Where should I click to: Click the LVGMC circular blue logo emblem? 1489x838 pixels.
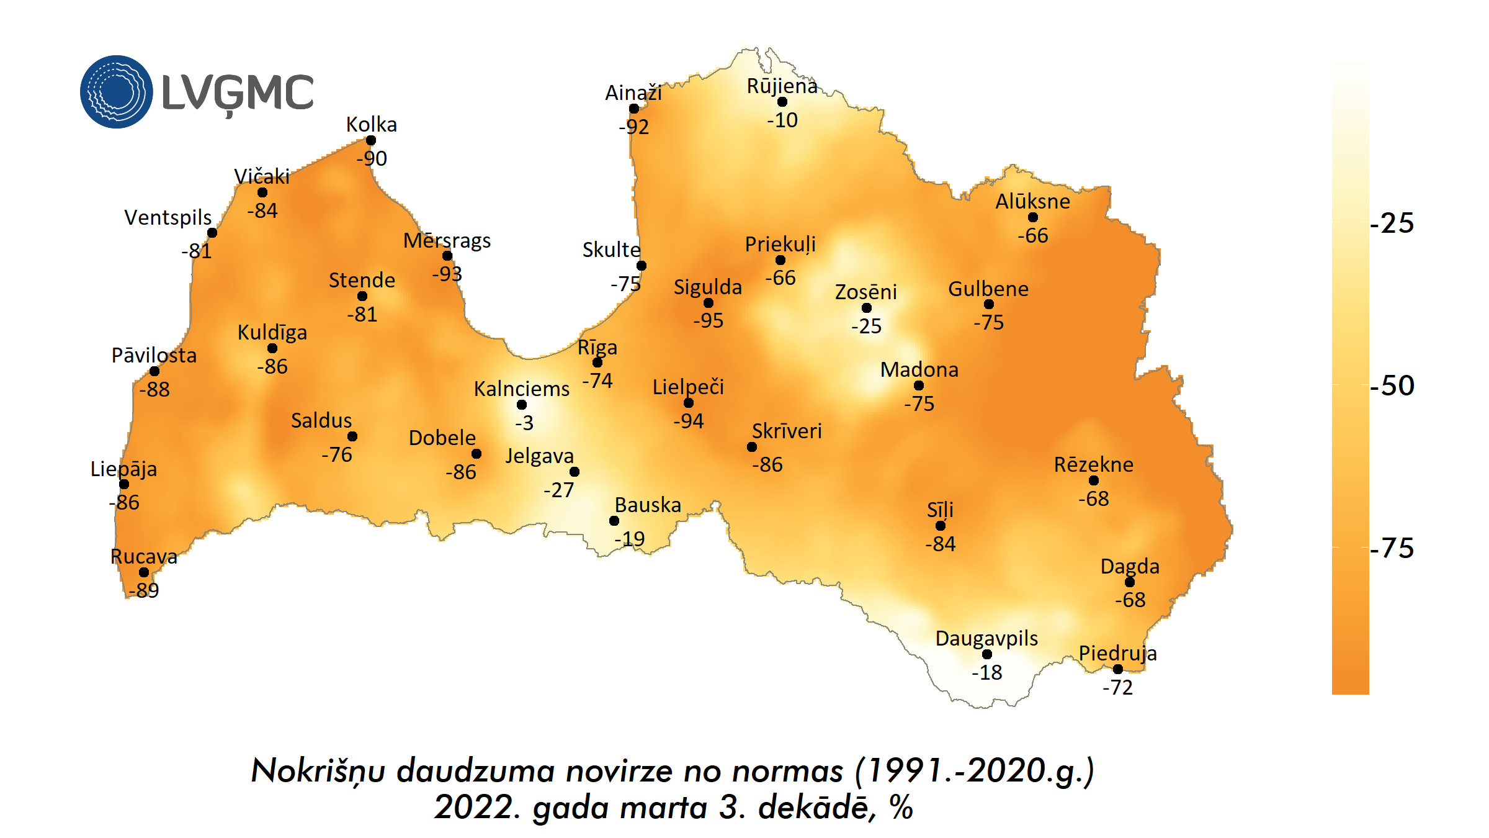[116, 92]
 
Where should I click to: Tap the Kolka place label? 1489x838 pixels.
[371, 124]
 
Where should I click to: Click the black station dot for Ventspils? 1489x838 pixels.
[212, 233]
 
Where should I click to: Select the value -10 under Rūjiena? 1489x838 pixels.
[782, 120]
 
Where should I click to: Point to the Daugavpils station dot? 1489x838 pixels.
[987, 654]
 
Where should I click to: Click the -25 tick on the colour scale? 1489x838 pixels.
[1392, 223]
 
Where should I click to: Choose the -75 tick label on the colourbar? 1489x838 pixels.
[1392, 548]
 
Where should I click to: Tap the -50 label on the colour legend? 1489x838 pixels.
[1392, 385]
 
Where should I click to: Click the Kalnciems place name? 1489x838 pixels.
[521, 389]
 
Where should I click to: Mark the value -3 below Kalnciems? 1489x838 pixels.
[524, 423]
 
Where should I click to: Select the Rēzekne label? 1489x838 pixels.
[1093, 464]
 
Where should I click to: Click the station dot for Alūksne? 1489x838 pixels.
[1033, 217]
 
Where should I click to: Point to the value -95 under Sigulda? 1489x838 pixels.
[708, 320]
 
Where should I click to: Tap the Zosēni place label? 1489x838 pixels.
[865, 292]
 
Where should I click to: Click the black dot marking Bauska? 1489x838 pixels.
[614, 521]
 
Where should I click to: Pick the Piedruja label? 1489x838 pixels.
[1117, 653]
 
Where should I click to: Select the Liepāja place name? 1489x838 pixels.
[123, 469]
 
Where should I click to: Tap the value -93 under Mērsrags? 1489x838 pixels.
[447, 274]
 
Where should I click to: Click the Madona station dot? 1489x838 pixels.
[919, 385]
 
